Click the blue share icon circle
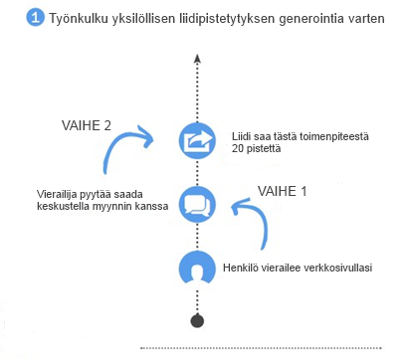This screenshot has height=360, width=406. (196, 140)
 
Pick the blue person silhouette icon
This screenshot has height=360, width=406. (196, 269)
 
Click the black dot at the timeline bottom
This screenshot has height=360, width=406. (196, 321)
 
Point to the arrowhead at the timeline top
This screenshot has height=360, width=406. (196, 59)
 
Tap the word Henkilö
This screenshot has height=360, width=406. (242, 266)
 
